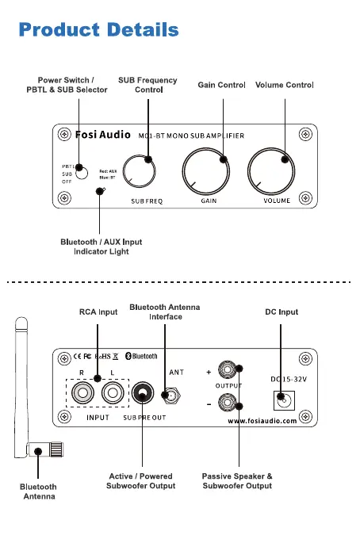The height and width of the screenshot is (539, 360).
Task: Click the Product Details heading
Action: point(98,29)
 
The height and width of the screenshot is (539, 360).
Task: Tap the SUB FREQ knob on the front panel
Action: point(140,171)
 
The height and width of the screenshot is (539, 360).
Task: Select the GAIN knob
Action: point(206,171)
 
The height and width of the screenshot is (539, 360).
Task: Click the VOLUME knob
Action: point(271,171)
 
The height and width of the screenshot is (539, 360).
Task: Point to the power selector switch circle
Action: point(82,173)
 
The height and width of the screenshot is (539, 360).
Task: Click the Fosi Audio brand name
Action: point(103,135)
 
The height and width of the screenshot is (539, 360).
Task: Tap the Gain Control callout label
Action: point(221,85)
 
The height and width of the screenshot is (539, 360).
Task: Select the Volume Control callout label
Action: point(285,85)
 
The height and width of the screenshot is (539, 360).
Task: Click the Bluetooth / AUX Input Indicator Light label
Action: point(101,247)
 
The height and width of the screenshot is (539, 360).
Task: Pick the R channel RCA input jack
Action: point(82,392)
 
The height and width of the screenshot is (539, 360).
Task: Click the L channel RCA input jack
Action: point(113,392)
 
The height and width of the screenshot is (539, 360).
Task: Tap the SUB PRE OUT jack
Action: point(143,392)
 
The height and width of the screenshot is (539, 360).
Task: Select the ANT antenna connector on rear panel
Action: point(171,396)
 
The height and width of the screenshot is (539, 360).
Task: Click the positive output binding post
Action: point(228,370)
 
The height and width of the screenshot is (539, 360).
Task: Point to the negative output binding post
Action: point(228,403)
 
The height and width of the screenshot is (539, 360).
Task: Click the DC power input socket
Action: point(284,400)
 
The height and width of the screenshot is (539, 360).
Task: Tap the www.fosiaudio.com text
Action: point(262,421)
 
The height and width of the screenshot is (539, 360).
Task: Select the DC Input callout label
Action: point(281,312)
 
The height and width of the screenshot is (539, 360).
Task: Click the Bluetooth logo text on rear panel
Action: point(141,356)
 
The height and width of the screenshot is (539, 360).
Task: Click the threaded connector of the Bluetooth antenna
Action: point(56,449)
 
